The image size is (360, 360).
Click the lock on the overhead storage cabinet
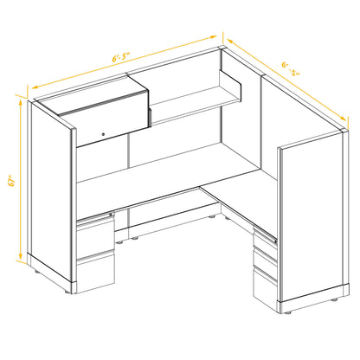103,133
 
